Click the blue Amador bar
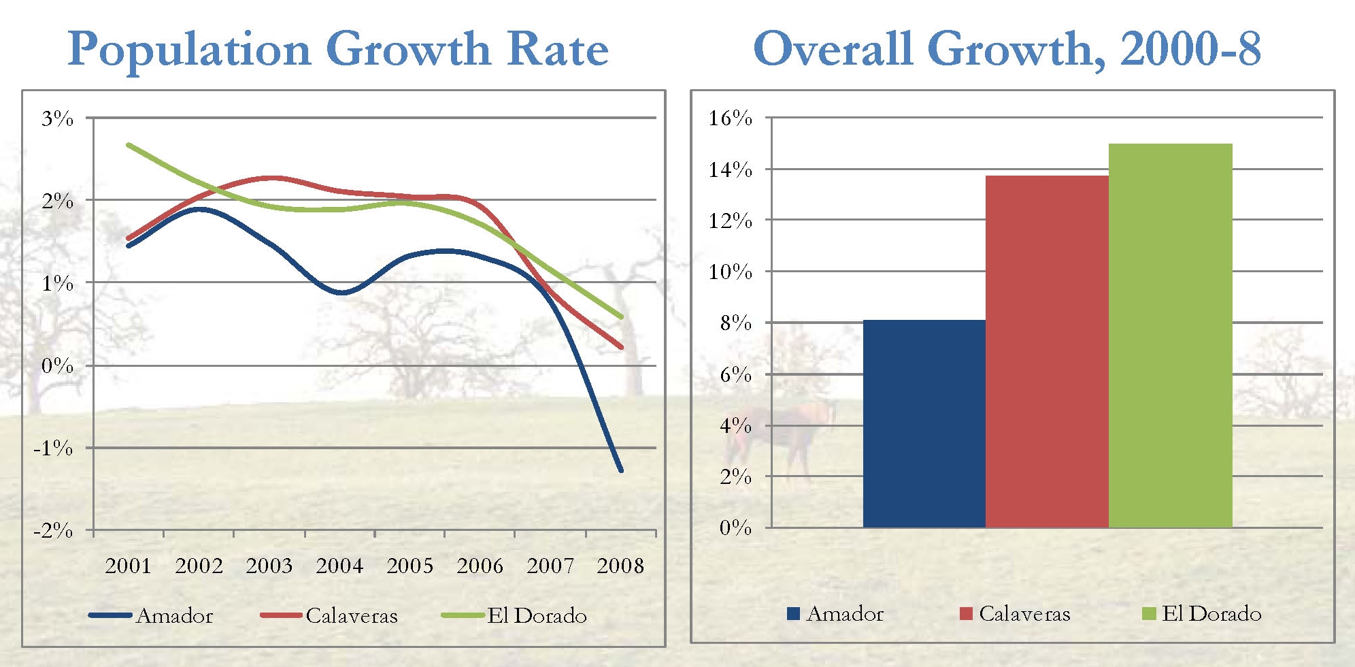point(924,423)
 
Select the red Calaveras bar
point(1047,351)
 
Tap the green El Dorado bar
point(1171,336)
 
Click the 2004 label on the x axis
point(339,566)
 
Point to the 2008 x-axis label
point(620,566)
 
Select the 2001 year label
point(128,566)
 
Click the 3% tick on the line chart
point(57,118)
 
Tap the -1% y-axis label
point(53,448)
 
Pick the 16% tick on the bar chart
point(731,118)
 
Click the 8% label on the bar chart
point(736,323)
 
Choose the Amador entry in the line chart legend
point(175,616)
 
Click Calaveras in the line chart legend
point(352,616)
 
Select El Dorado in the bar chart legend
point(1211,614)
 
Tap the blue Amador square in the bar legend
point(793,613)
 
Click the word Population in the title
point(190,50)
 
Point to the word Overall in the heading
point(833,49)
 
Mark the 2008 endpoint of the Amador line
point(620,470)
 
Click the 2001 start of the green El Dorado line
point(129,145)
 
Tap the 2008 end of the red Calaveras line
point(620,347)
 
